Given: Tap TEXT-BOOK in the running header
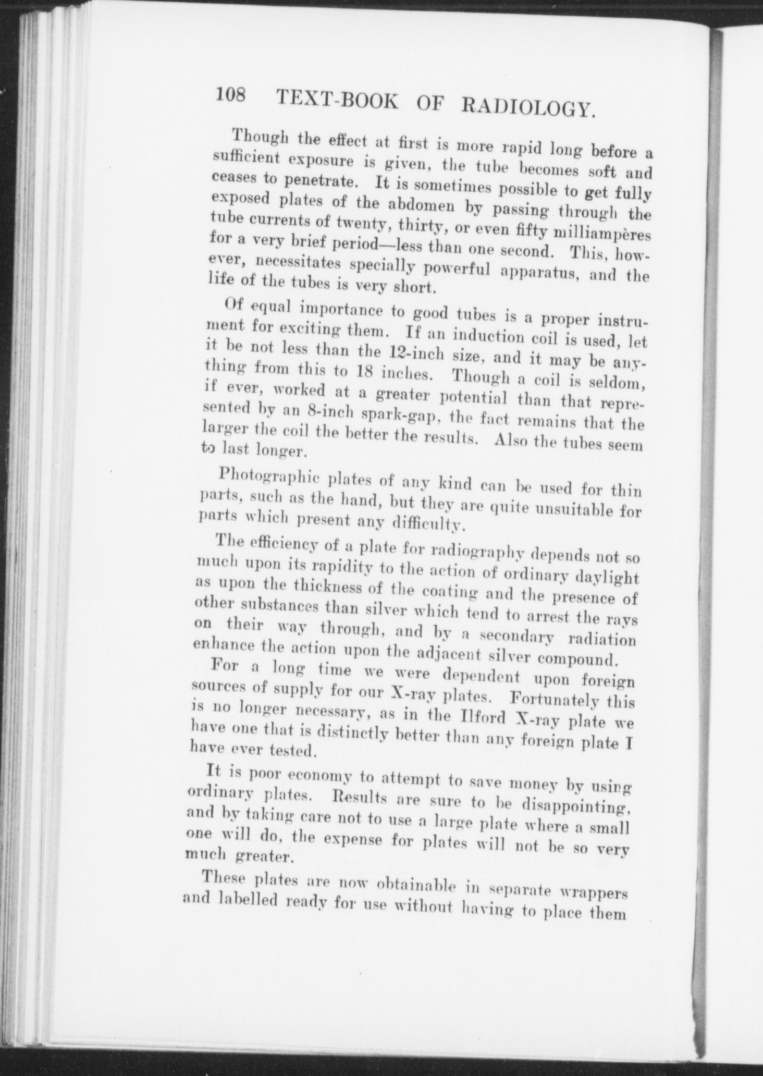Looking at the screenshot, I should [335, 100].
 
